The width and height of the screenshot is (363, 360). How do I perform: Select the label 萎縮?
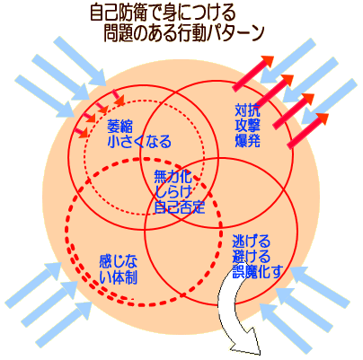120,127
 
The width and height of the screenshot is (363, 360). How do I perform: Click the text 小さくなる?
139,141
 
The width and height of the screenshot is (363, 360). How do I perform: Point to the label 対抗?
247,110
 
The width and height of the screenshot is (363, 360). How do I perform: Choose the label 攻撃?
247,126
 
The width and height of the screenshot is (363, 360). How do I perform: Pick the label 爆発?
247,141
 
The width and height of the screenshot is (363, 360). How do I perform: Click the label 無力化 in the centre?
173,177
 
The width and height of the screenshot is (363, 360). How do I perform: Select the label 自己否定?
179,206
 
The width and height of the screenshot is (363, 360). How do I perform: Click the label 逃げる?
251,241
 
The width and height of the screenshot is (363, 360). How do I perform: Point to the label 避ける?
251,257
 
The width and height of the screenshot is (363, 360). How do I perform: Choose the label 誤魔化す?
258,271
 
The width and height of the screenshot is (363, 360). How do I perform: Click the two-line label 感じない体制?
119,270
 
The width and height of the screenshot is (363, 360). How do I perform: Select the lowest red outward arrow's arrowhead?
322,119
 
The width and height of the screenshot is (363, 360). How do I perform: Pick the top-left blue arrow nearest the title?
80,61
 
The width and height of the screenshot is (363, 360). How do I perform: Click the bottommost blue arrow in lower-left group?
64,324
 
